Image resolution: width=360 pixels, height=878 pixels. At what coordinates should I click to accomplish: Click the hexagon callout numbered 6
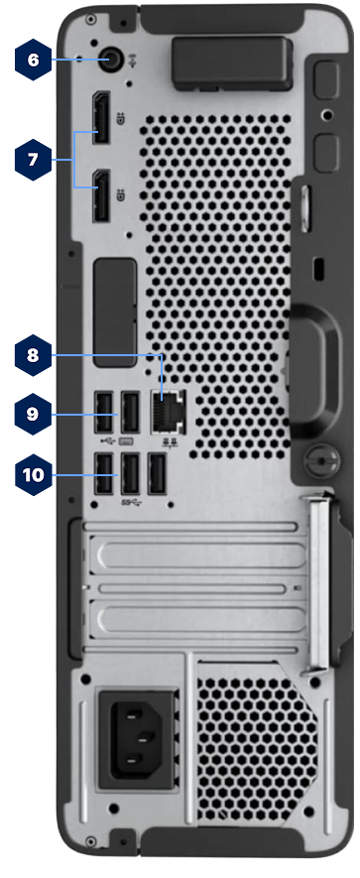tap(33, 60)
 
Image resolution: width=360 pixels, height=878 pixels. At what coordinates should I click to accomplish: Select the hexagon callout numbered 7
tap(33, 160)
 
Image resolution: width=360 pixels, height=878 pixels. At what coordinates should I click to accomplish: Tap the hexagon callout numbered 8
tap(33, 355)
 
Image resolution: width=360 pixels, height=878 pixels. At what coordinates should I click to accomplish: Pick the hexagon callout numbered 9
tap(33, 415)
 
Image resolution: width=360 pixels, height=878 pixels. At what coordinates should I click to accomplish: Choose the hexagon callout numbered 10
tap(33, 475)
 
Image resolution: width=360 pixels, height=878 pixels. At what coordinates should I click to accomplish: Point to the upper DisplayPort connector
tap(101, 117)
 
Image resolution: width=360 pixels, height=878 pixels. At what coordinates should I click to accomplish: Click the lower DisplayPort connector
tap(101, 194)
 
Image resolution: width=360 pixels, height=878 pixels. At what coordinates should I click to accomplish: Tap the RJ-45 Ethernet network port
tap(169, 411)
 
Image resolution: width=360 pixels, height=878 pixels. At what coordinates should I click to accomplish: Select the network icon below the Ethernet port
tap(169, 442)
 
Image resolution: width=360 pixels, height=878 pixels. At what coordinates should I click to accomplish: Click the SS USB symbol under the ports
tap(131, 502)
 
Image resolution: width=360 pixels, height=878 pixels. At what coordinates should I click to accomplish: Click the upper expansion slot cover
tap(201, 555)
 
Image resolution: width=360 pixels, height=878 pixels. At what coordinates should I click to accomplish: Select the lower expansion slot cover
tap(201, 619)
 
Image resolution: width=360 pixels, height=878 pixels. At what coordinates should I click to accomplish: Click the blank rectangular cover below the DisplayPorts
tap(115, 313)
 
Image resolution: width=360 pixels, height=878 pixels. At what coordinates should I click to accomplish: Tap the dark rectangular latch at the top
tap(232, 62)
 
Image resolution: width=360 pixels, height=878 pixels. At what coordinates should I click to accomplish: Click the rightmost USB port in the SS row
tap(158, 473)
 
